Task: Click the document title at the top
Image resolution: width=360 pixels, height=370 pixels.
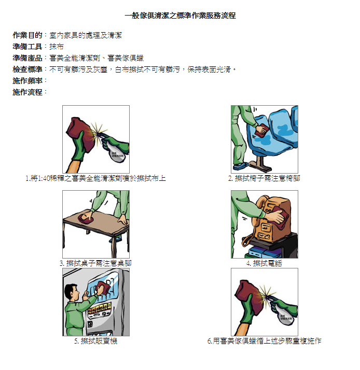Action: click(x=180, y=16)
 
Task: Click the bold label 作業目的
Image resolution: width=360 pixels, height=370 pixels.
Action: click(x=27, y=35)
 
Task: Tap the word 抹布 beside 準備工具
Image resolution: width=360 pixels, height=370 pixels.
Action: click(x=57, y=47)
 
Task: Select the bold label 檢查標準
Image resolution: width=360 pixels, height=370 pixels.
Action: click(x=27, y=69)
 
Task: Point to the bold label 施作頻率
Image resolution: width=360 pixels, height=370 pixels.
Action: click(x=27, y=80)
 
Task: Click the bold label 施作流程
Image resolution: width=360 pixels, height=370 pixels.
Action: click(x=27, y=92)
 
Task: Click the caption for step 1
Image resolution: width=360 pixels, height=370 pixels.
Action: click(x=95, y=178)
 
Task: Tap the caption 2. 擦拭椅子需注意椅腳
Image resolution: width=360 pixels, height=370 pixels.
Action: click(x=264, y=178)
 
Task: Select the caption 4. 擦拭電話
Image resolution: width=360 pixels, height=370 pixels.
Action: click(x=264, y=263)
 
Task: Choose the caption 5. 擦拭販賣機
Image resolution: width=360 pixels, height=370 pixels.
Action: click(x=95, y=341)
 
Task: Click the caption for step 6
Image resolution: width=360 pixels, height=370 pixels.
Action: click(x=264, y=341)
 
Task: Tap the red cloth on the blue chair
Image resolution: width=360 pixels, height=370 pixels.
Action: click(x=262, y=131)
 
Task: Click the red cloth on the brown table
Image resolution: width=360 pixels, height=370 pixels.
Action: click(x=86, y=219)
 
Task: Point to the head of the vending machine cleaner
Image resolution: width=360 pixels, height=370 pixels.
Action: click(x=71, y=292)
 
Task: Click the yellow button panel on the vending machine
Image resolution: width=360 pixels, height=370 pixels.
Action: click(x=99, y=307)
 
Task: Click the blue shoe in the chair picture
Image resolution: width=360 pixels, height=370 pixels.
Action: click(x=241, y=166)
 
